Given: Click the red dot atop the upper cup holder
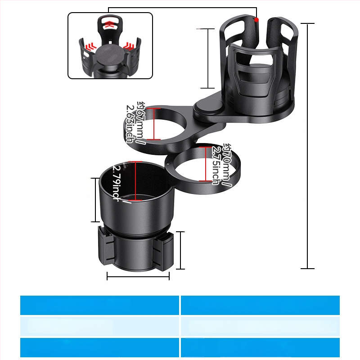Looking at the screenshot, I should pyautogui.click(x=256, y=20).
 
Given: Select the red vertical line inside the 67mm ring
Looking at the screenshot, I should pyautogui.click(x=153, y=123).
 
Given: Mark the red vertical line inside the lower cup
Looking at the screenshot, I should pyautogui.click(x=135, y=180).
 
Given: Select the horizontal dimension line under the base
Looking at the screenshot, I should pyautogui.click(x=138, y=276).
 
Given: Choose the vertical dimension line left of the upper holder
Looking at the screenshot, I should pyautogui.click(x=207, y=58).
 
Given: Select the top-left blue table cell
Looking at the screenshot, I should pyautogui.click(x=99, y=305).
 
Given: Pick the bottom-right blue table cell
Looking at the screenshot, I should pyautogui.click(x=260, y=347).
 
